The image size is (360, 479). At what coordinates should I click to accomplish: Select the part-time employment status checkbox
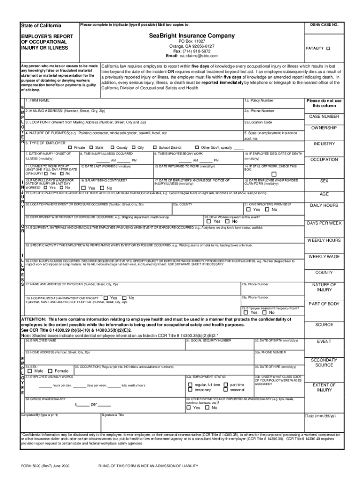pos(226,385)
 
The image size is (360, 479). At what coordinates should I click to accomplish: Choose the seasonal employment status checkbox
pos(226,390)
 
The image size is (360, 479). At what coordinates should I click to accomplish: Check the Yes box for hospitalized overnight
pos(106,298)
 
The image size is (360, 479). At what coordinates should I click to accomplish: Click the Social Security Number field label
pos(209,340)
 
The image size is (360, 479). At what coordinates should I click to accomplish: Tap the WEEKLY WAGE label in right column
pos(324,257)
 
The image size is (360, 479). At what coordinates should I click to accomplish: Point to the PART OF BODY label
pos(324,304)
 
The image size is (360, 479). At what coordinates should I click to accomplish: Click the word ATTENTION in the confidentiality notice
pos(34,319)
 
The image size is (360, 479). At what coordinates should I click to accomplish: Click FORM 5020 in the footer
pos(29,466)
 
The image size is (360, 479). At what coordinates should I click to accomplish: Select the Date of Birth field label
pos(276,340)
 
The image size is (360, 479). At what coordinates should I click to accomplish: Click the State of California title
pos(41,25)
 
